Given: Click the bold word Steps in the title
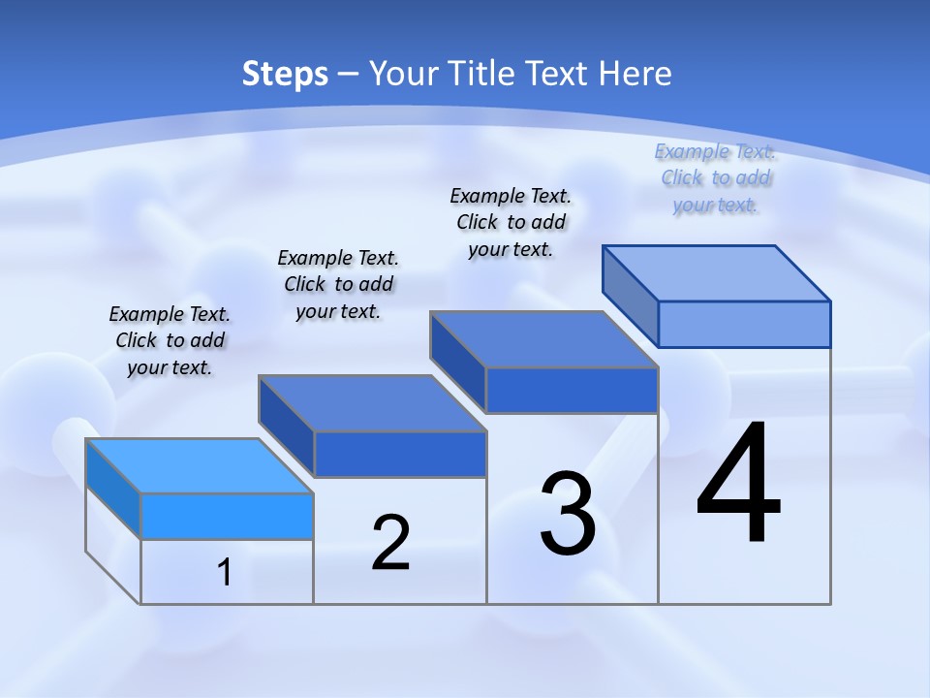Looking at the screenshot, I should (x=285, y=74).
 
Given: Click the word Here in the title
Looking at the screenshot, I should (x=635, y=74).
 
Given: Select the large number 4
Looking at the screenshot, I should (x=738, y=485).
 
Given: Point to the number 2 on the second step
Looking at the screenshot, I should (x=390, y=543).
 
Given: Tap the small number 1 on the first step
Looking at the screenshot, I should (x=225, y=573).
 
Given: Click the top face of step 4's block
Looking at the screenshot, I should (x=717, y=272).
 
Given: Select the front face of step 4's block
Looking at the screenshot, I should (x=744, y=324).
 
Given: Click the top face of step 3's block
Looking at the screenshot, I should (x=544, y=339).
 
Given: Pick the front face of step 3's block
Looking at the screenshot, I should (x=572, y=390).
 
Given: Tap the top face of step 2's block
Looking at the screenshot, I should (x=372, y=403).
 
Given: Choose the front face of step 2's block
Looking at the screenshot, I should (x=400, y=454).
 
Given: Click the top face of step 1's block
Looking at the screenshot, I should (x=200, y=465).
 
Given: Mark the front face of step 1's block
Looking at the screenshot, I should (x=227, y=516).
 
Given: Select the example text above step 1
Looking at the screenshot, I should (x=170, y=341).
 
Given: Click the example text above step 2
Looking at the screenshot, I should (x=338, y=284).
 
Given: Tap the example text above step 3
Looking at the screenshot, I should (x=511, y=222).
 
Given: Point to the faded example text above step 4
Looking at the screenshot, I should (x=715, y=177).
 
